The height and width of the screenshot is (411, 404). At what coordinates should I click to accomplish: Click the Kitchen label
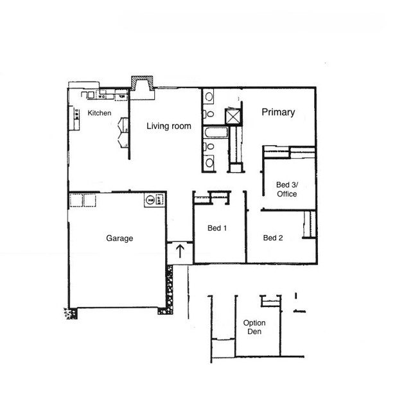click(99, 113)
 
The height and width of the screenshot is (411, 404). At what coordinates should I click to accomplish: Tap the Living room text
click(168, 127)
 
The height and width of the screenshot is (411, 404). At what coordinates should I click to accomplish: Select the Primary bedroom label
click(278, 112)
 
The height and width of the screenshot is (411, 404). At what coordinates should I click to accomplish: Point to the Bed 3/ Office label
click(286, 189)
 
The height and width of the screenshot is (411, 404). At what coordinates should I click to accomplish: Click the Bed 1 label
click(217, 229)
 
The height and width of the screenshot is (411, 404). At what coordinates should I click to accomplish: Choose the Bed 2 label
click(273, 238)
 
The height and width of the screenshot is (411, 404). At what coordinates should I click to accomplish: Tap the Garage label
click(119, 238)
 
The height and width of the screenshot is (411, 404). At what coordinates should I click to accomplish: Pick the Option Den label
click(254, 327)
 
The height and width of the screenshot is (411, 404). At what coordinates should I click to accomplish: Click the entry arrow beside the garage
click(180, 250)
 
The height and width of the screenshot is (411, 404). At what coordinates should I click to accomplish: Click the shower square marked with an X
click(232, 117)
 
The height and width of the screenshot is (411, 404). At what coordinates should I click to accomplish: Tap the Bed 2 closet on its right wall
click(308, 223)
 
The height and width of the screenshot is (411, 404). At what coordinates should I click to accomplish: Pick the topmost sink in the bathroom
click(209, 98)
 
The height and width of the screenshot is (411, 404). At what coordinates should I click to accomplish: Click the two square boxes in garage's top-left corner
click(83, 200)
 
